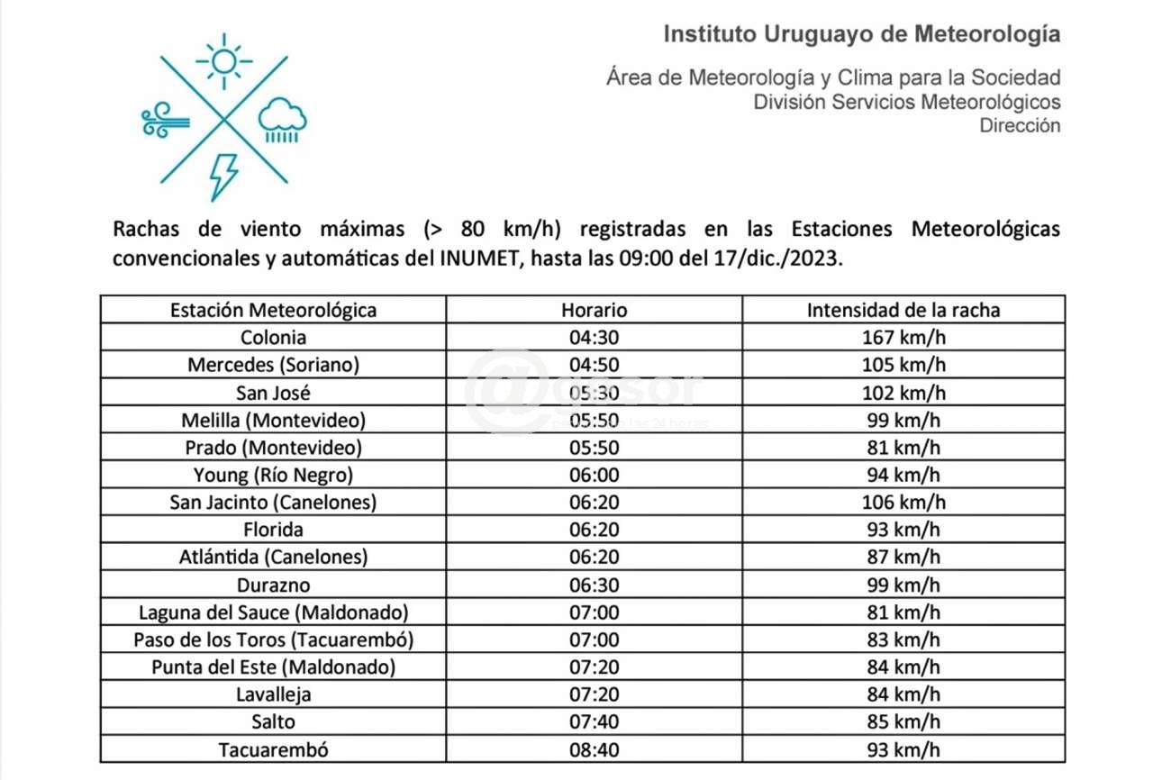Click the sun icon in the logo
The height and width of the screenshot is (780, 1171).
click(223, 61)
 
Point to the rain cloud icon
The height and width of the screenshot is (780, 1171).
click(282, 120)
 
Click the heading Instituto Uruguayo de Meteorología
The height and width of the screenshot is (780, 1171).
click(861, 34)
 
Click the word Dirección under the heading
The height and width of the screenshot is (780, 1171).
click(1020, 126)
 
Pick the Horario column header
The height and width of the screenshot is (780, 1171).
click(594, 311)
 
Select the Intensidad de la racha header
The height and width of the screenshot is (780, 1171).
click(903, 311)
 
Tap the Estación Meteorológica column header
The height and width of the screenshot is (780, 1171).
click(273, 311)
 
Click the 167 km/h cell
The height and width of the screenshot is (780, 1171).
click(903, 338)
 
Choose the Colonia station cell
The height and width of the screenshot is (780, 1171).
click(273, 338)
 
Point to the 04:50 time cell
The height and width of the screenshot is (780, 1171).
click(594, 365)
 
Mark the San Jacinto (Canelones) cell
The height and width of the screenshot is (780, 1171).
click(273, 503)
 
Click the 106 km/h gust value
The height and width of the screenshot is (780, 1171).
click(903, 503)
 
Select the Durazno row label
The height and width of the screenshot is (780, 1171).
click(273, 585)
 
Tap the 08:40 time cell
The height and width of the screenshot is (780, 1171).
click(594, 749)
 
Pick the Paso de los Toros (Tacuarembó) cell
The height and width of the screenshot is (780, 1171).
click(273, 639)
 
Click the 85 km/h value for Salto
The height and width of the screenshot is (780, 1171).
click(903, 721)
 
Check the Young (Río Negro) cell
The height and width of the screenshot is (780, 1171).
click(273, 475)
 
